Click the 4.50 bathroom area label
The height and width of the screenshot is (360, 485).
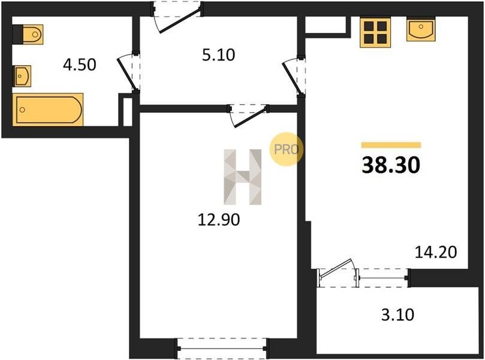pos(80,65)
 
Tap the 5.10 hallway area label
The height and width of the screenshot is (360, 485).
pos(219,55)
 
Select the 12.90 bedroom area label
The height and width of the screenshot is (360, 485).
pos(219,220)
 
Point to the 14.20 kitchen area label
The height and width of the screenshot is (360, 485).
pos(435,252)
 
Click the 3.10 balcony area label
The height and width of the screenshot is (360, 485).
pos(397,315)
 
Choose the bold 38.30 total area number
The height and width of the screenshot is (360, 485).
pos(391,165)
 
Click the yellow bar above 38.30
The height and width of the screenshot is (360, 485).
pos(391,145)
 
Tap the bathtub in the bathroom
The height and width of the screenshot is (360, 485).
pos(48,110)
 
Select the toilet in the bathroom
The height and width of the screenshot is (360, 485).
pos(28,34)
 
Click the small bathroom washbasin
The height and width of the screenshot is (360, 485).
pos(22,76)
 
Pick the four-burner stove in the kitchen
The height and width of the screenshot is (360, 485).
pos(375,32)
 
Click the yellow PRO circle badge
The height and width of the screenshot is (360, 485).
pos(286,149)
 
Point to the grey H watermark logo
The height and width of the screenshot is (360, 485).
pos(243,177)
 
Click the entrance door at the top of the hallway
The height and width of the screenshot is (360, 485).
pos(177,17)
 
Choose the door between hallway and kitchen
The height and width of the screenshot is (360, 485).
pos(294,76)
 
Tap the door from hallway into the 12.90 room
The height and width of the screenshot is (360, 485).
pos(248,116)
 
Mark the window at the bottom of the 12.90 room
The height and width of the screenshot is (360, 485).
pos(222,349)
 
